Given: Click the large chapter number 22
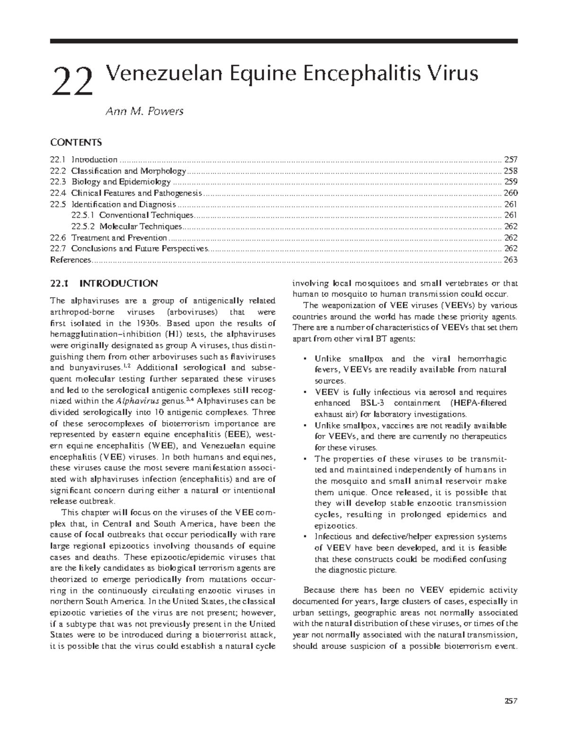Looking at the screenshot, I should [73, 81].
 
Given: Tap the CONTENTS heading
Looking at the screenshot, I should [76, 142].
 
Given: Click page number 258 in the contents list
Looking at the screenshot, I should [511, 171].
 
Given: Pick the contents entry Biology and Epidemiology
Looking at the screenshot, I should [121, 182].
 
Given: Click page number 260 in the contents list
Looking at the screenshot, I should [511, 193].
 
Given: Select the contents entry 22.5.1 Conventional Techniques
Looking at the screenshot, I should [132, 215].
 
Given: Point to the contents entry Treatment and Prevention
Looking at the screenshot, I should [119, 238].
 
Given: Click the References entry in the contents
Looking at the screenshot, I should [70, 260].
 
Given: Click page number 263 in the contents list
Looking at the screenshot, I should [511, 260].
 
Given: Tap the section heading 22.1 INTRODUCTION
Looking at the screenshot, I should [104, 284].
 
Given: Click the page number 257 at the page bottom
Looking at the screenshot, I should [511, 688].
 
